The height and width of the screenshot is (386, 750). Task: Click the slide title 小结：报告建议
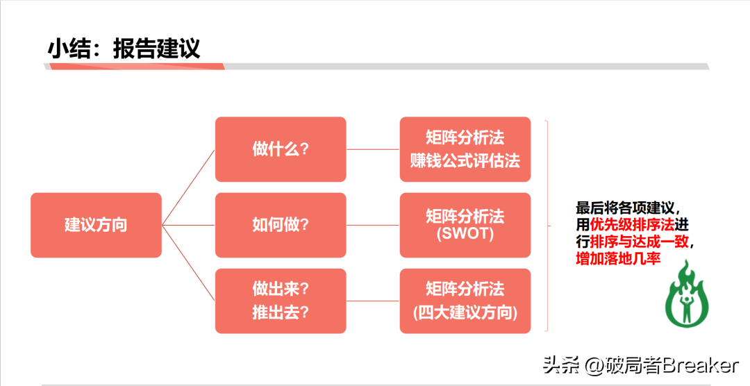coord(124,48)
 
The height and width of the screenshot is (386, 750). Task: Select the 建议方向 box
coord(96,225)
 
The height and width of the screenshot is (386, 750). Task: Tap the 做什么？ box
coord(281,149)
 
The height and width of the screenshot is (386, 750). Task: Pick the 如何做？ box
coord(281,225)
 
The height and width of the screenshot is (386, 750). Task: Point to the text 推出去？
coord(281,312)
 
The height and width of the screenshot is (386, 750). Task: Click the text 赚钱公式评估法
coord(465,160)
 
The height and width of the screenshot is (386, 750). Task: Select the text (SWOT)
coord(465,235)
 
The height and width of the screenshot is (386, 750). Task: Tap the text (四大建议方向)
coord(465,312)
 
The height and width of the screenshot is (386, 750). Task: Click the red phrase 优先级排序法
coord(632,225)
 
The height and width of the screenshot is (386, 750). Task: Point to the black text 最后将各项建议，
coord(633,208)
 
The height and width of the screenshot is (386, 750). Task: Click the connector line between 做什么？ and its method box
coord(373,149)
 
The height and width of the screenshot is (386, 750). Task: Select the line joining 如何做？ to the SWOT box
coord(373,225)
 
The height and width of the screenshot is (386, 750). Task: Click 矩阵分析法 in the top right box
coord(465,137)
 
